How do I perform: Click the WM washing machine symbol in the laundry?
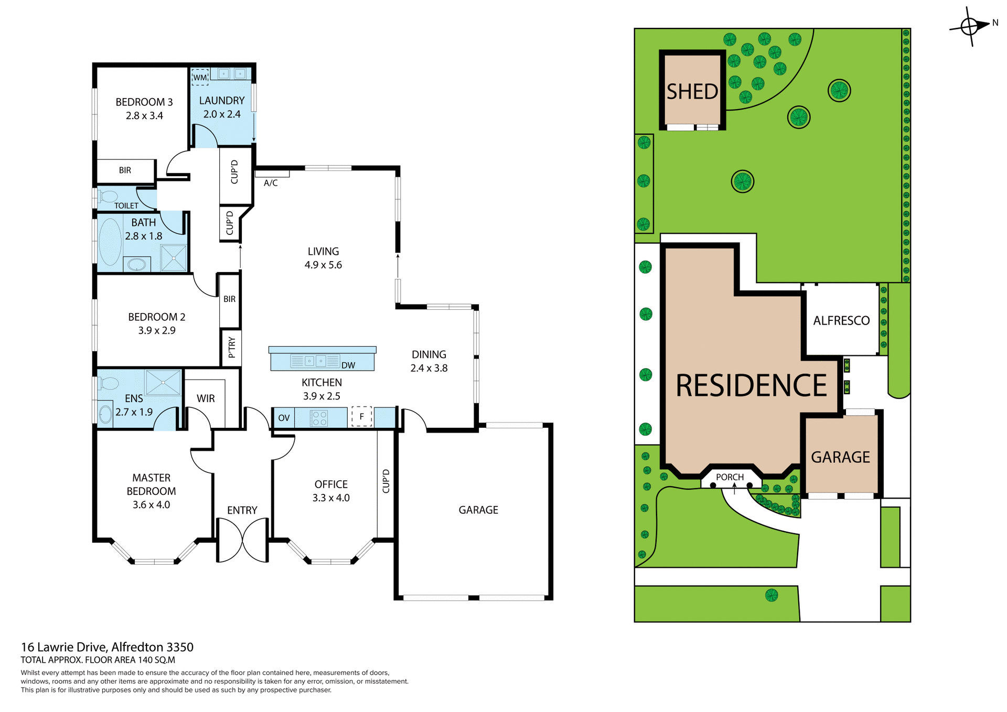coord(200,77)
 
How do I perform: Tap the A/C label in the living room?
coord(271,183)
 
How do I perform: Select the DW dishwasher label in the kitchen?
coord(348,365)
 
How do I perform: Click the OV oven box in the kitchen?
coord(284,418)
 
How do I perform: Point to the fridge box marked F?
coord(361,417)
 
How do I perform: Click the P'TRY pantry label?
coord(231,348)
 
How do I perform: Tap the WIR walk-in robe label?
coord(206,398)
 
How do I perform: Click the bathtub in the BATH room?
coord(110,242)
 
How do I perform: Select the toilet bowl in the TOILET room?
coord(108,197)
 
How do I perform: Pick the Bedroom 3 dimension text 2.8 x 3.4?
coord(144,116)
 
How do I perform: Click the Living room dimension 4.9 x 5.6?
coord(323,265)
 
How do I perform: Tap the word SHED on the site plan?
coord(692,92)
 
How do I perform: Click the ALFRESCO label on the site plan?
coord(841,320)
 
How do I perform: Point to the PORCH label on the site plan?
coord(730,477)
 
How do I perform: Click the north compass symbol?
coord(969,26)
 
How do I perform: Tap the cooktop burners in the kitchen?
coord(319,418)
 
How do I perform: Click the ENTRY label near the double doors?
coord(242,510)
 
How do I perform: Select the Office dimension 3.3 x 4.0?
coord(331,498)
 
